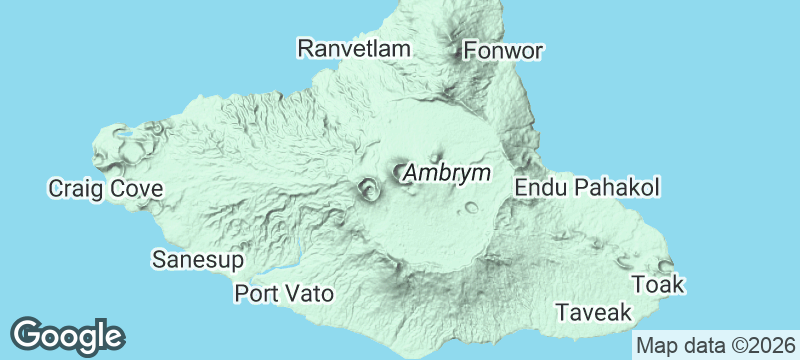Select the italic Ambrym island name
(x=447, y=173)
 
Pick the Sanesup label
(x=198, y=260)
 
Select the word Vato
(x=310, y=294)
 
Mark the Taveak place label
(x=594, y=313)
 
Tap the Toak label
(x=658, y=285)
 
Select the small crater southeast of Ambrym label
(x=471, y=208)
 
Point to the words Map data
(x=678, y=345)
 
